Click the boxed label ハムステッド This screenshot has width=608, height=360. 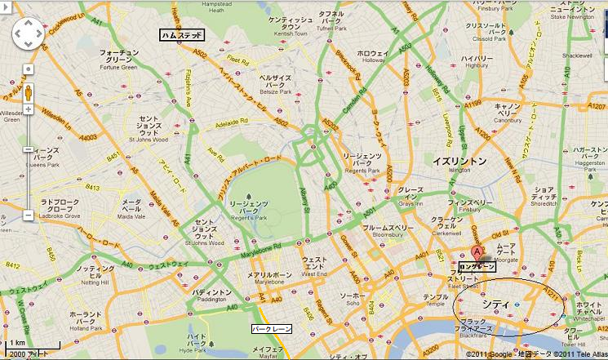(182, 35)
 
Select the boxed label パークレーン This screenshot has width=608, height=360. (271, 328)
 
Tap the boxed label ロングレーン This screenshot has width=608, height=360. (477, 267)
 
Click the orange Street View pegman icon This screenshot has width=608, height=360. (27, 92)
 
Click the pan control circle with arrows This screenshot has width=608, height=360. (27, 33)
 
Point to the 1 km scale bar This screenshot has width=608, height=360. (16, 347)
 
